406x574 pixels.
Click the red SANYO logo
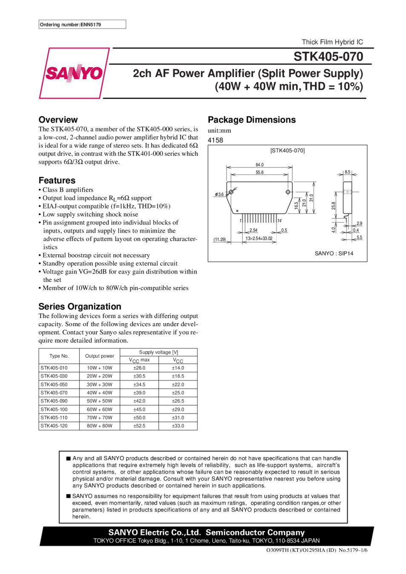tap(74, 73)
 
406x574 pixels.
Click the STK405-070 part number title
tap(328, 57)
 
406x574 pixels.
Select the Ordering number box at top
tap(82, 25)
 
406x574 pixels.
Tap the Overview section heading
tap(58, 119)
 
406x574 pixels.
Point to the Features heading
tap(57, 180)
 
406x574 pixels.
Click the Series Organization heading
tap(80, 306)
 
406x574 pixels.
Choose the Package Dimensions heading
tap(252, 119)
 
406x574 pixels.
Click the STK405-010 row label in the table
tap(54, 368)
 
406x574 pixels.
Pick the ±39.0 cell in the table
tap(139, 393)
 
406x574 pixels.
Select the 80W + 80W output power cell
tap(100, 426)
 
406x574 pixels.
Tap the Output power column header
tap(100, 356)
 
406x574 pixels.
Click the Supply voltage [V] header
tap(158, 352)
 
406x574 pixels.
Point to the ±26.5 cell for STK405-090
tap(178, 401)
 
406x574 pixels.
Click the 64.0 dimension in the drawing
tap(260, 165)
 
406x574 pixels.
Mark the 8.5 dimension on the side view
tap(347, 172)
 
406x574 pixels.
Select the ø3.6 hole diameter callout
tap(219, 194)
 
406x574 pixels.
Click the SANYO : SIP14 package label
tap(334, 253)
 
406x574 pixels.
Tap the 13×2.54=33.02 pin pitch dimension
tap(259, 239)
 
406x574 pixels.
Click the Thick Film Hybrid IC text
tap(332, 42)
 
